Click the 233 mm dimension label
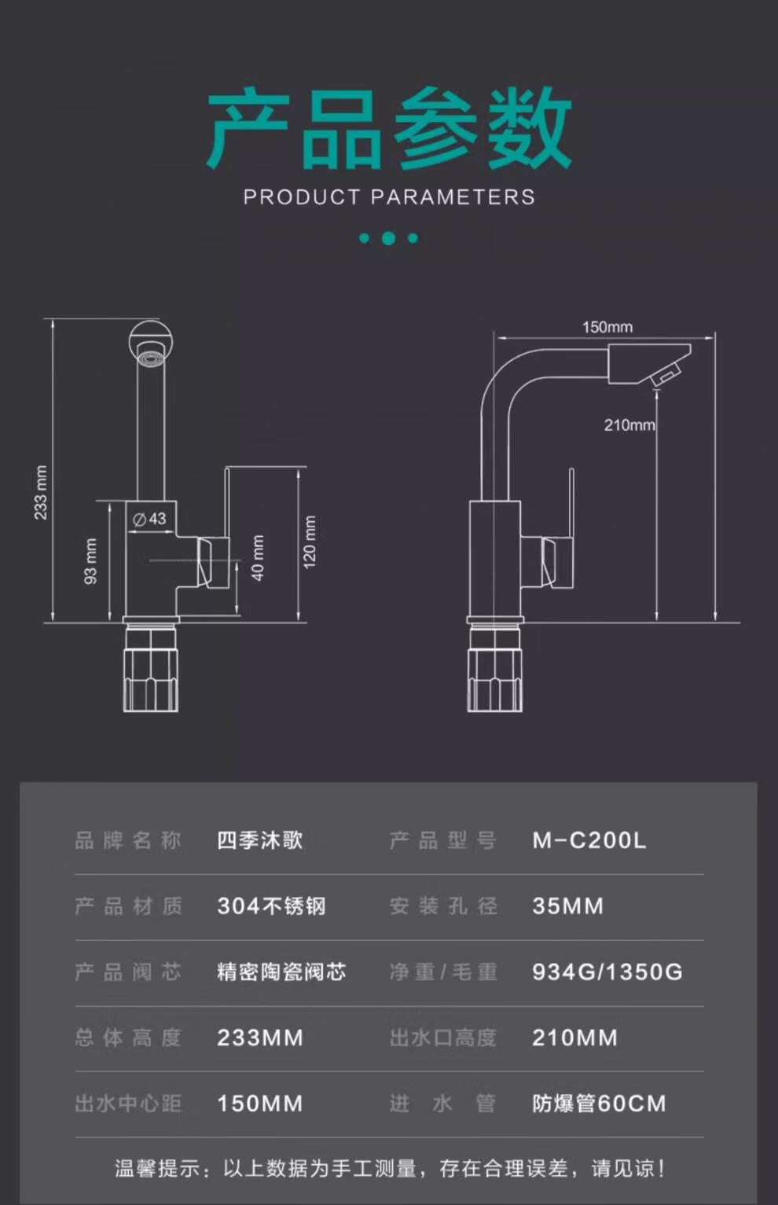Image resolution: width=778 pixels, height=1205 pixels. pyautogui.click(x=41, y=493)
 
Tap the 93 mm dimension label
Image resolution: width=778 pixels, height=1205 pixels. pyautogui.click(x=90, y=561)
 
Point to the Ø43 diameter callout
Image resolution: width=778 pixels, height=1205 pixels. pyautogui.click(x=149, y=519)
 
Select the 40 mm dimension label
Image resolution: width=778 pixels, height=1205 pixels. pyautogui.click(x=258, y=558)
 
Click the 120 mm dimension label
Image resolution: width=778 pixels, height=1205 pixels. pyautogui.click(x=310, y=542)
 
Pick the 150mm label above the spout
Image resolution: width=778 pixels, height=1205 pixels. pyautogui.click(x=607, y=327)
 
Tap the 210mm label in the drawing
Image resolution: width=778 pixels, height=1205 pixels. pyautogui.click(x=629, y=425)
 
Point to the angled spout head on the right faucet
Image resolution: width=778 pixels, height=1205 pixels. pyautogui.click(x=651, y=365)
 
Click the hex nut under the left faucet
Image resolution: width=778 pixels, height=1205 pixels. pyautogui.click(x=150, y=681)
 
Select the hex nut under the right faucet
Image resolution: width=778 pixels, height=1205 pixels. pyautogui.click(x=494, y=681)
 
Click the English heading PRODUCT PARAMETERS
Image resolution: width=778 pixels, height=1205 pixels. pyautogui.click(x=389, y=197)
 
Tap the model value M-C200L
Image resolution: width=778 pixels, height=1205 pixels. pyautogui.click(x=589, y=840)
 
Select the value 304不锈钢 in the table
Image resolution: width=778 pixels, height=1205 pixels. pyautogui.click(x=271, y=906)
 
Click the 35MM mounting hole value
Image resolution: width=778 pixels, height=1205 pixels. pyautogui.click(x=567, y=906)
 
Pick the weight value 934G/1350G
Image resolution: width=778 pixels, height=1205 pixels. pyautogui.click(x=607, y=972)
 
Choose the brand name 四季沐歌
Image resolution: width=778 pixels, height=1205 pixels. pyautogui.click(x=259, y=840)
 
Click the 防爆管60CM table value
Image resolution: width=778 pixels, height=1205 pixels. pyautogui.click(x=599, y=1104)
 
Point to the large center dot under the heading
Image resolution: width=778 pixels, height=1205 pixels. pyautogui.click(x=388, y=238)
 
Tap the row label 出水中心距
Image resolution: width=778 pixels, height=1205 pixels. pyautogui.click(x=128, y=1104)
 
